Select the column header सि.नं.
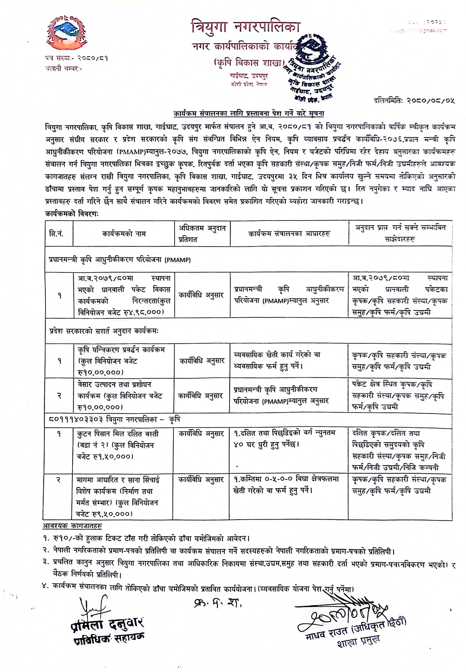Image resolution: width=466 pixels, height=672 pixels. pos(56,234)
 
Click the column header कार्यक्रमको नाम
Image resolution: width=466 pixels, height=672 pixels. pos(124,234)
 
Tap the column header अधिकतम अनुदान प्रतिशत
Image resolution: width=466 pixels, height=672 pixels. pos(202,234)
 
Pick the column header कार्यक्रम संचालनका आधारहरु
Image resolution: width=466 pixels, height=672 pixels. pos(289,234)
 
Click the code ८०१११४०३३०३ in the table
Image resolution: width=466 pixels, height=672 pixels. pos(76,420)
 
